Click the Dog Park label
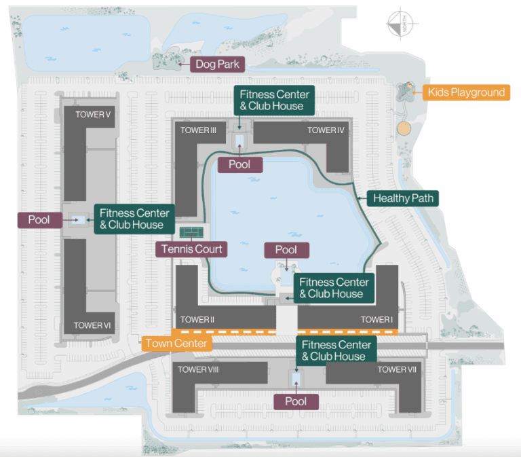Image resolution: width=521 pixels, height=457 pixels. click(x=217, y=65)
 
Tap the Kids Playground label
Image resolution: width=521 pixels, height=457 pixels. click(x=466, y=92)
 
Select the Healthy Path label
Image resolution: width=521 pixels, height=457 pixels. click(x=402, y=198)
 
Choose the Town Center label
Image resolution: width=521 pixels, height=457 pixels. click(x=176, y=343)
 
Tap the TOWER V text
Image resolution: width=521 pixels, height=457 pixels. click(x=94, y=114)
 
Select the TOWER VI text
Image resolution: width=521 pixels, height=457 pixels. click(x=92, y=325)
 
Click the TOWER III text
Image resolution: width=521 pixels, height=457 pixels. click(x=198, y=130)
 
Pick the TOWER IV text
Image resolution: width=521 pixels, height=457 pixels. click(x=326, y=130)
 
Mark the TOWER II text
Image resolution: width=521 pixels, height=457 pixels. click(x=198, y=319)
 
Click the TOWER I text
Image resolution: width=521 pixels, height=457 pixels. click(x=377, y=319)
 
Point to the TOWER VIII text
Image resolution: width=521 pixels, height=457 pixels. click(x=197, y=369)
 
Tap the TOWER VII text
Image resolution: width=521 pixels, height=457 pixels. click(x=397, y=369)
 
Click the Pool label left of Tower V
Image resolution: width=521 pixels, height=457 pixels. click(x=39, y=220)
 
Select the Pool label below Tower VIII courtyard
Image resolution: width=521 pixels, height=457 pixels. click(x=296, y=401)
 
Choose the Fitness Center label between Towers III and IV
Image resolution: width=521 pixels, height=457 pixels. click(x=274, y=100)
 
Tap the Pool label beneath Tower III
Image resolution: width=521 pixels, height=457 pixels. click(x=239, y=164)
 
